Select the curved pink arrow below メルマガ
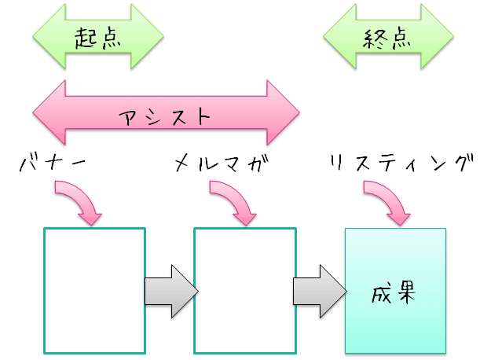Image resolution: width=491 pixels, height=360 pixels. [236, 201]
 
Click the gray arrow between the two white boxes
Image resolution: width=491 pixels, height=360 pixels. [170, 290]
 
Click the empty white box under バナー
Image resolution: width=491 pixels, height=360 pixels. [94, 290]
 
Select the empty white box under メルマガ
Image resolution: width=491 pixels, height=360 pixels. [245, 290]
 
